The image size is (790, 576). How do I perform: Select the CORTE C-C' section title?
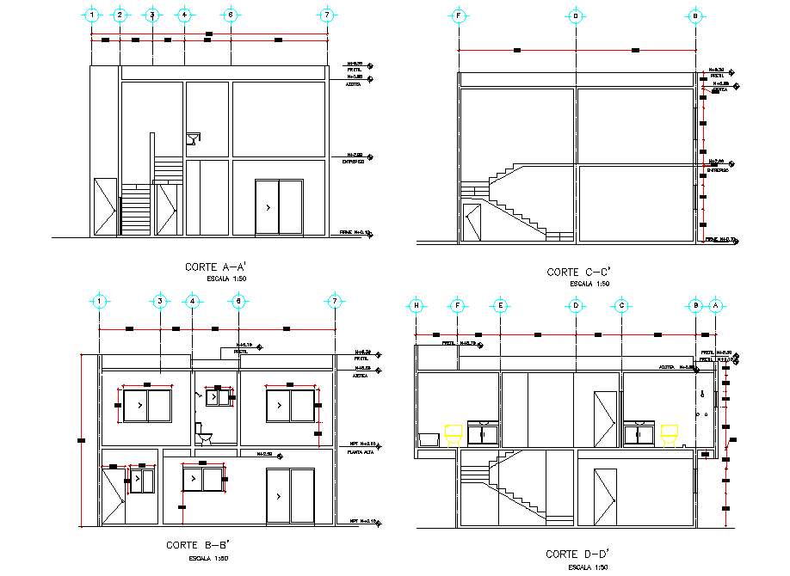(578, 272)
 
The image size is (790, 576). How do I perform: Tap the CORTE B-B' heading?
(197, 545)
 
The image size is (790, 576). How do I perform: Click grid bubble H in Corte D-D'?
(417, 305)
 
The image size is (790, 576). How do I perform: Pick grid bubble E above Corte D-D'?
(499, 305)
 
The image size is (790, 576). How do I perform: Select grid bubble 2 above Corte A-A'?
(120, 15)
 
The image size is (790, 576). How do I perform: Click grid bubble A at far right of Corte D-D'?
(716, 305)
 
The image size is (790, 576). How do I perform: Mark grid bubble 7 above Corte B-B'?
(335, 301)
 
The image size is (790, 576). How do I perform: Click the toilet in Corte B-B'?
(204, 434)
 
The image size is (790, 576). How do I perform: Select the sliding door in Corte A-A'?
(279, 207)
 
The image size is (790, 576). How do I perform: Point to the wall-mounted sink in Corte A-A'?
(194, 138)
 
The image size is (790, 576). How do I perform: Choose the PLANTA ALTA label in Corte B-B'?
(360, 451)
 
